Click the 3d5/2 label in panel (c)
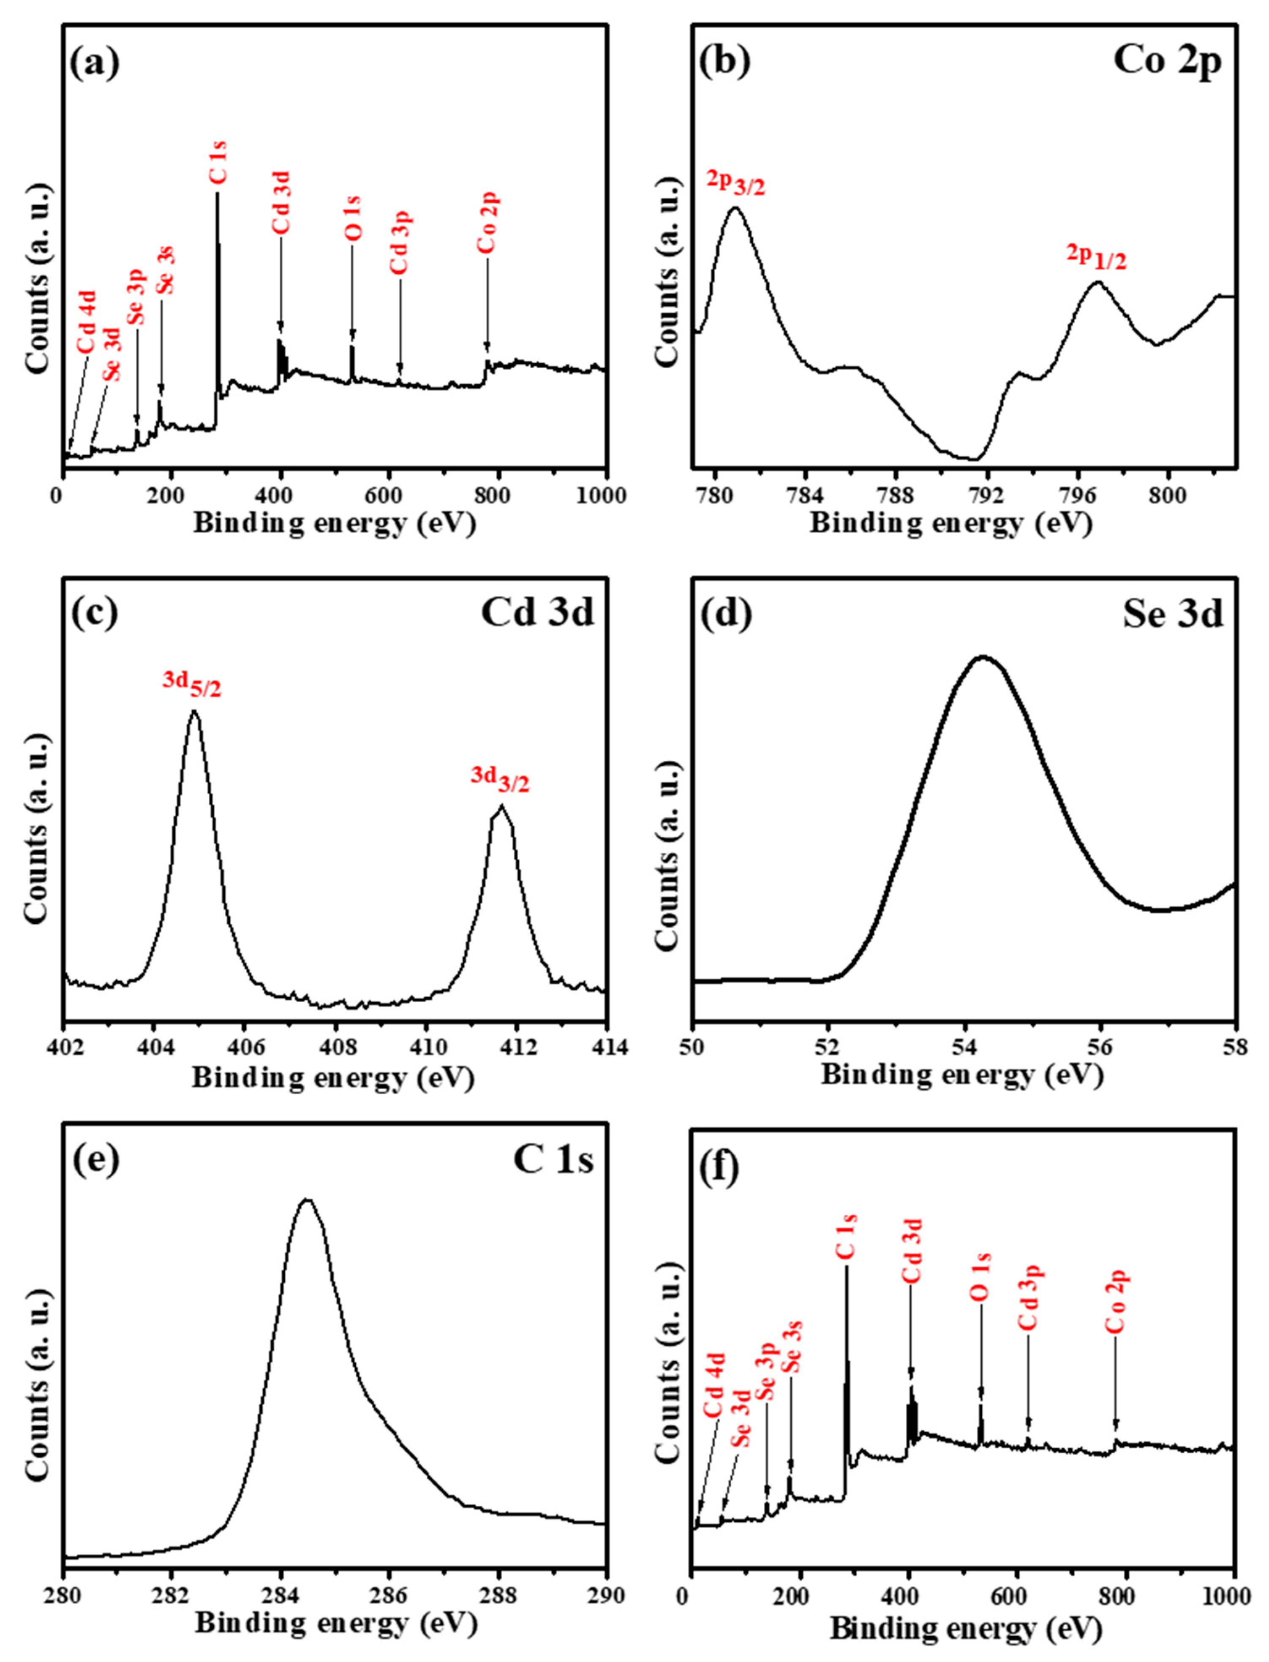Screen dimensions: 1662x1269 [193, 685]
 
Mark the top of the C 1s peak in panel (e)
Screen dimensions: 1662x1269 [307, 1199]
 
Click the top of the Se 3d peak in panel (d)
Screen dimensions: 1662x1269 [982, 657]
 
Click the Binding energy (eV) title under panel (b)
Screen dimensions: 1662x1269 [951, 523]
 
